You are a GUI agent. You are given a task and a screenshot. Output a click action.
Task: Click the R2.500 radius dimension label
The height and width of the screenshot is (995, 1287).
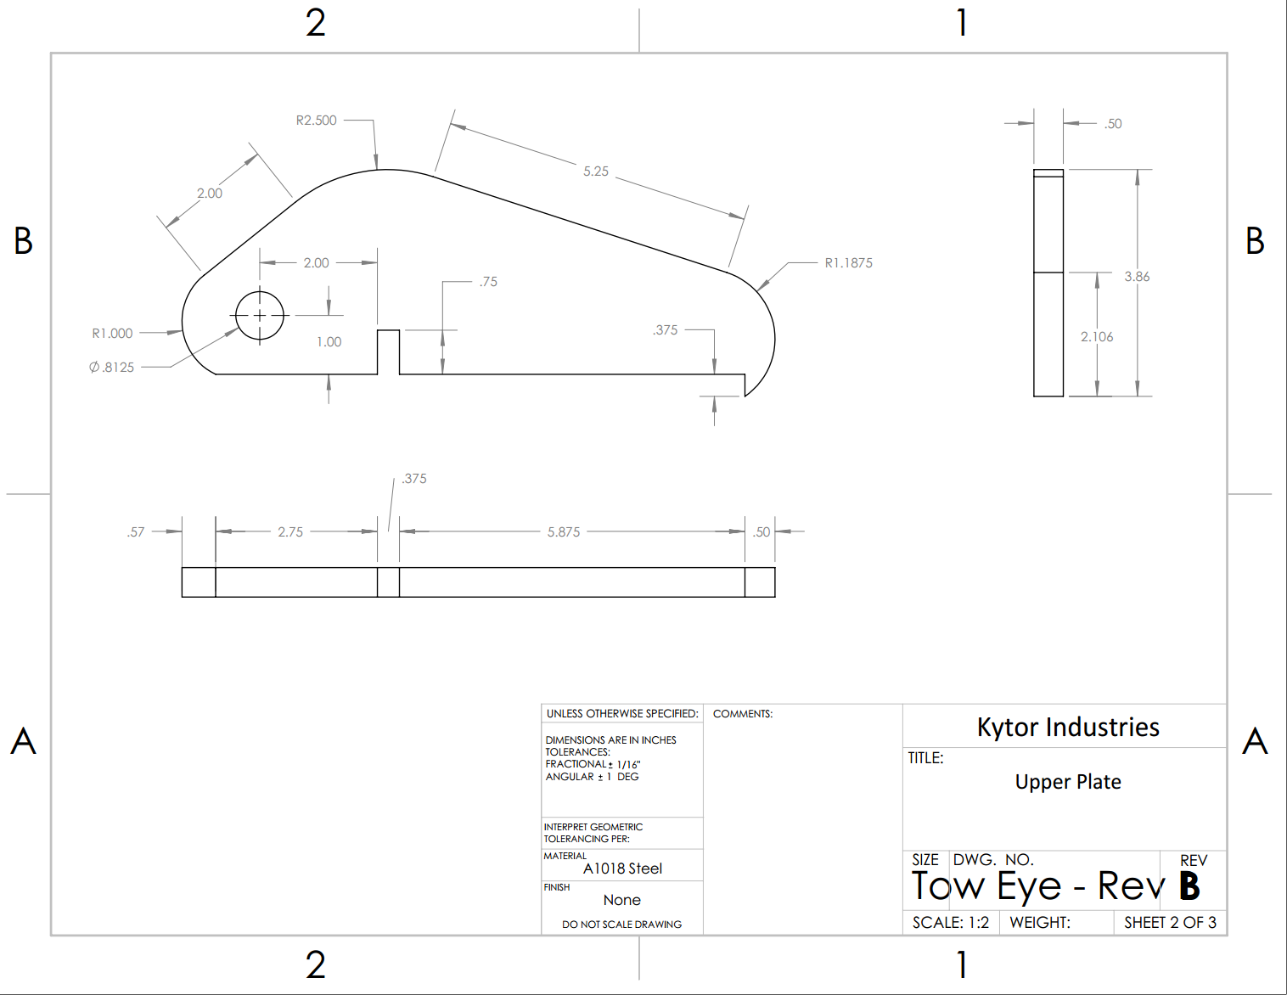[316, 121]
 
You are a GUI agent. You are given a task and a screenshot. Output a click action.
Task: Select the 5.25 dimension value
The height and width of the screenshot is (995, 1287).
[595, 171]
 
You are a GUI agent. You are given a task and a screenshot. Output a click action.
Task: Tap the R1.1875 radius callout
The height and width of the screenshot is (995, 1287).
[848, 263]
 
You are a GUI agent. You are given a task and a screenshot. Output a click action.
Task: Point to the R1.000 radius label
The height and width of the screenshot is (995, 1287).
[112, 334]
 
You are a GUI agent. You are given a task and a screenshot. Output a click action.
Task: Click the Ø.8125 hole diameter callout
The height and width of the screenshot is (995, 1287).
[112, 368]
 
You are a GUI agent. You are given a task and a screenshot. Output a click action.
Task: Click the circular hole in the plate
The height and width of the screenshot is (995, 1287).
[259, 316]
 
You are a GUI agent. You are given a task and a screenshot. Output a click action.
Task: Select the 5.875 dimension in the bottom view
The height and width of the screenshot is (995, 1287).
[564, 532]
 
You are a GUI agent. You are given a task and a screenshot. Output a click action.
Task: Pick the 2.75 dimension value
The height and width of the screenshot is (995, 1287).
[290, 532]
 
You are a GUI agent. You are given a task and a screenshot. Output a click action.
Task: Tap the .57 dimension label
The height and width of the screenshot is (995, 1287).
[136, 532]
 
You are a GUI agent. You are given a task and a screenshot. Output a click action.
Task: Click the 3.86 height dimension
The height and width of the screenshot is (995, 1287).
[1137, 277]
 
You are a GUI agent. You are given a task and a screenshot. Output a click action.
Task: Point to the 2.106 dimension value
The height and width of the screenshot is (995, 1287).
[1097, 337]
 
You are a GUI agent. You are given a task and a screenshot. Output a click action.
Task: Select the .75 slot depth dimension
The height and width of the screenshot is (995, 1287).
[488, 282]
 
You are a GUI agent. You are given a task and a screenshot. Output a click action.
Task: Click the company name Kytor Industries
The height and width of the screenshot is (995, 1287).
[1068, 728]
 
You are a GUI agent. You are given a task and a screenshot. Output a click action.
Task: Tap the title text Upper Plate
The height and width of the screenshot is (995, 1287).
[1068, 782]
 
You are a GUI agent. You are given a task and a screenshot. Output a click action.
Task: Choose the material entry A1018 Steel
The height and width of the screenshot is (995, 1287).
[622, 869]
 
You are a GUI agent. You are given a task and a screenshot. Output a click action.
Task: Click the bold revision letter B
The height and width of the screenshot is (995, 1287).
[1189, 886]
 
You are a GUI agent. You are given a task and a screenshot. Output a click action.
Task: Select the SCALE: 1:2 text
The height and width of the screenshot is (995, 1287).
[951, 923]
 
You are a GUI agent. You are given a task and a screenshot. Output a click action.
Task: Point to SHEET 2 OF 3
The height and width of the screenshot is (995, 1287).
[1170, 923]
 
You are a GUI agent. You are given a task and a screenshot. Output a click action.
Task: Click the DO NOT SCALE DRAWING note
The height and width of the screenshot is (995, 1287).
[621, 925]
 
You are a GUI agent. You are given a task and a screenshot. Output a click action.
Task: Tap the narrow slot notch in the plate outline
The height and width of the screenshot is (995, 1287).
[388, 351]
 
